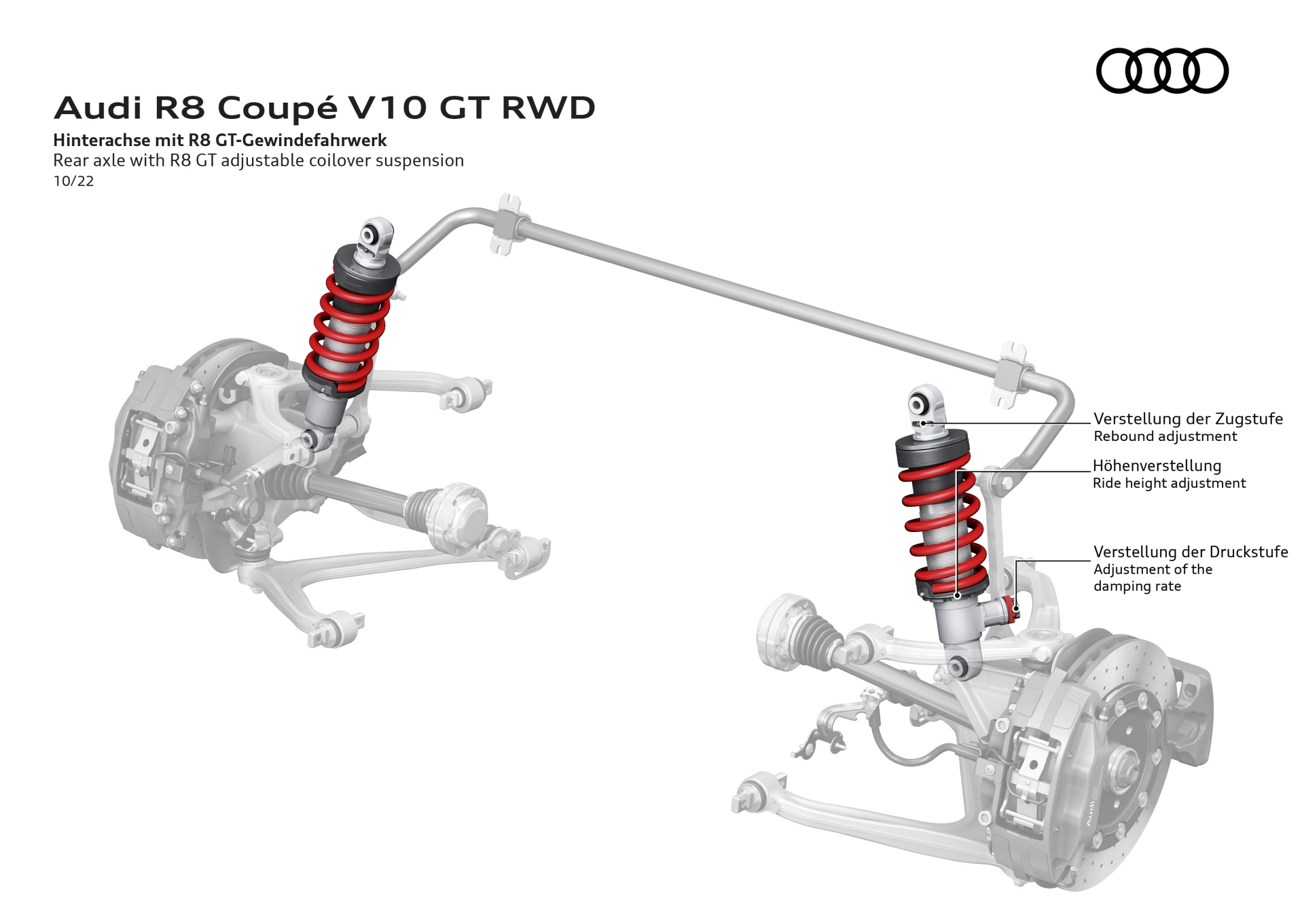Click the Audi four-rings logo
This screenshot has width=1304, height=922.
tap(1162, 71)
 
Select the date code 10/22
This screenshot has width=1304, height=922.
tap(73, 181)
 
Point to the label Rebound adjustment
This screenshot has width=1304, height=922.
tap(1165, 436)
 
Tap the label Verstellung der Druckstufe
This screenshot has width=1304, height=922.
tap(1191, 552)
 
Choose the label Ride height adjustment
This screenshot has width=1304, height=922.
tap(1170, 483)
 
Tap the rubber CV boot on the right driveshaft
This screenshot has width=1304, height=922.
tap(820, 642)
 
